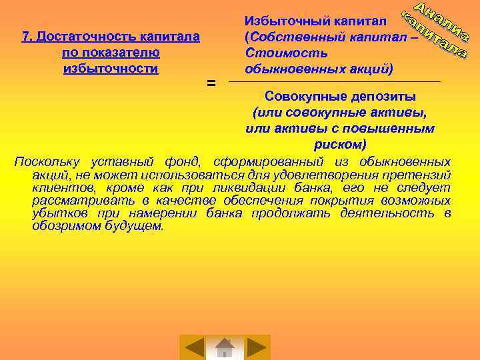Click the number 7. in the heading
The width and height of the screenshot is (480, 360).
(x=28, y=37)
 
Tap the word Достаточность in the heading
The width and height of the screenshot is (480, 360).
(x=79, y=37)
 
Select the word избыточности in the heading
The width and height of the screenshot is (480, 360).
(x=111, y=68)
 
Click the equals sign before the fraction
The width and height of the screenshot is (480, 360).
(x=211, y=83)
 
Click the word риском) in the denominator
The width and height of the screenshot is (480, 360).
(x=340, y=144)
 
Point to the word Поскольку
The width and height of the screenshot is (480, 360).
(x=47, y=162)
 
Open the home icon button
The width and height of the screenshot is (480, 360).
(x=225, y=347)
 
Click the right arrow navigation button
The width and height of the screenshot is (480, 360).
(x=256, y=347)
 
